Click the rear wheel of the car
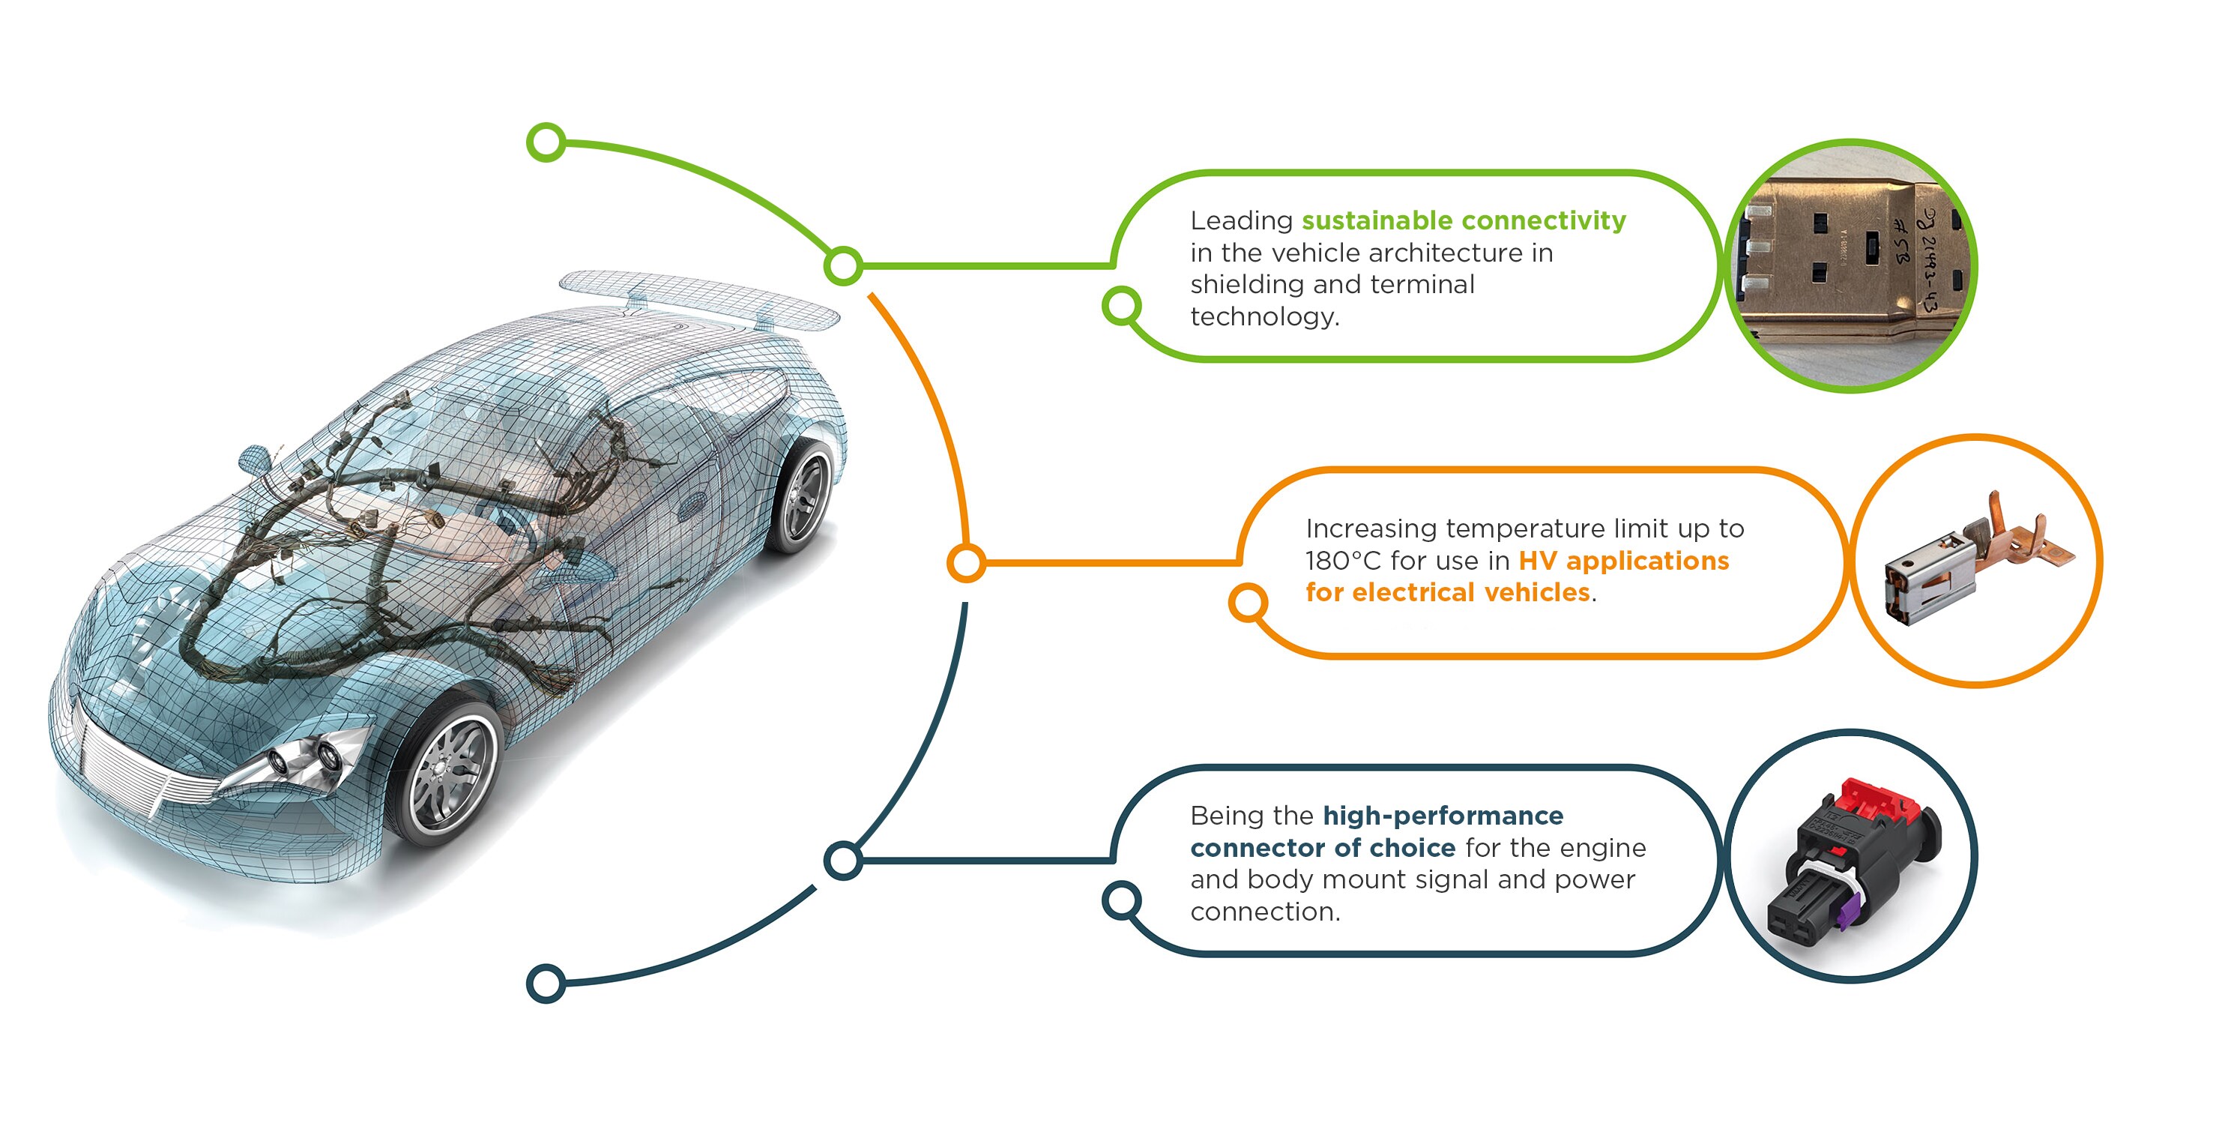(x=803, y=495)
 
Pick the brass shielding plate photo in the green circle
(x=1851, y=266)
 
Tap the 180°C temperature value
(x=1342, y=561)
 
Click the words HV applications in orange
(x=1624, y=561)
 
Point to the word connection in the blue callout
(x=1264, y=912)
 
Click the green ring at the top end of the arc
(x=546, y=142)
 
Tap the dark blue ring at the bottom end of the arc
(x=546, y=984)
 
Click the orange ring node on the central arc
(x=967, y=563)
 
